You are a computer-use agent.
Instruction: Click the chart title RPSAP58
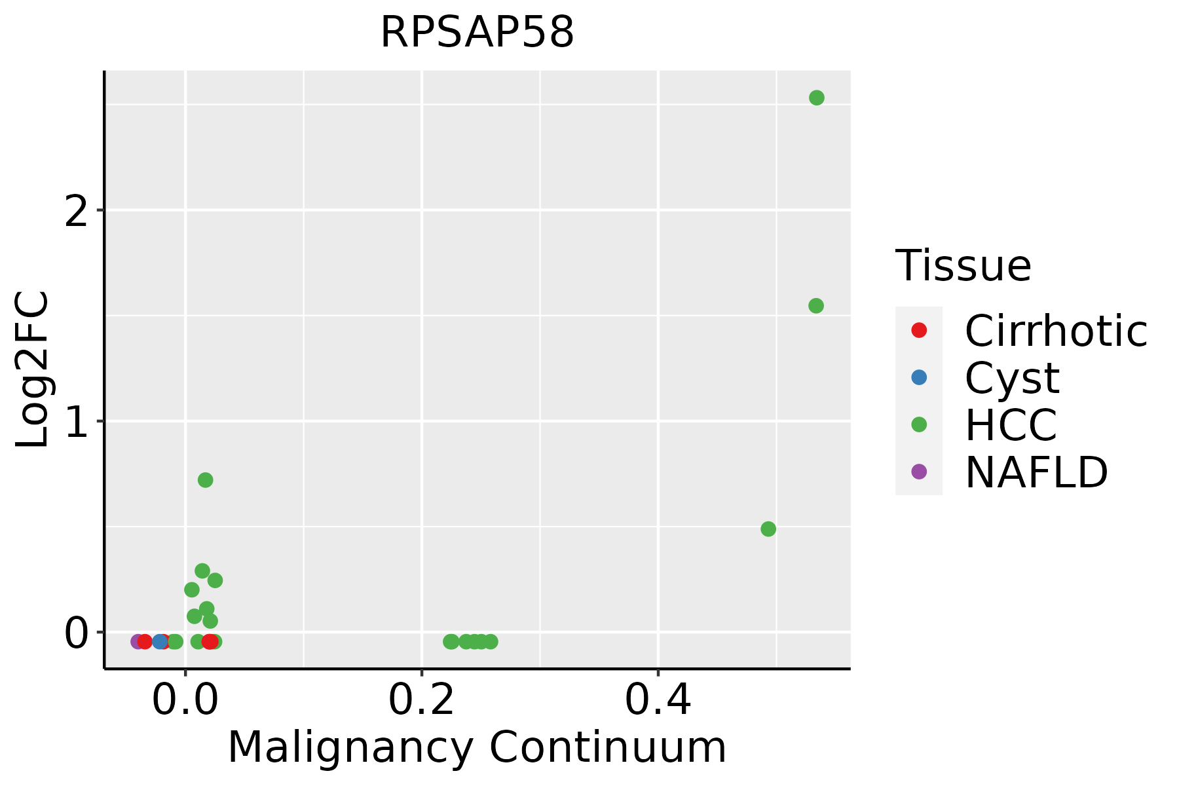(x=477, y=33)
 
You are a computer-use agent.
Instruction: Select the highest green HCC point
(x=816, y=98)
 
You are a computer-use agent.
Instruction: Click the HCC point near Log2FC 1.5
(x=815, y=305)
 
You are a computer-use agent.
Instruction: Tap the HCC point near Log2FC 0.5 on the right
(x=768, y=529)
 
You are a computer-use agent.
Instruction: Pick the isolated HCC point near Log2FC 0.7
(x=205, y=480)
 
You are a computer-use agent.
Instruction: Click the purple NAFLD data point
(x=138, y=641)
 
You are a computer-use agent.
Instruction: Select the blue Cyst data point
(x=160, y=641)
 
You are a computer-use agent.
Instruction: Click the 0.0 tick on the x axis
(x=185, y=701)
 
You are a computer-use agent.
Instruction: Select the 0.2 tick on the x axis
(x=422, y=701)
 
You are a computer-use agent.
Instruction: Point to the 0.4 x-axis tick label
(x=658, y=701)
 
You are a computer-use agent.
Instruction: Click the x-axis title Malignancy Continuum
(x=477, y=747)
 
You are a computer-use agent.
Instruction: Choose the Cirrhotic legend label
(x=1056, y=331)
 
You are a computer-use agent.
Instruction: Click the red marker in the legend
(x=919, y=330)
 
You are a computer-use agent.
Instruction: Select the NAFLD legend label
(x=1036, y=472)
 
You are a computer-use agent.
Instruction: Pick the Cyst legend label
(x=1012, y=378)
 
